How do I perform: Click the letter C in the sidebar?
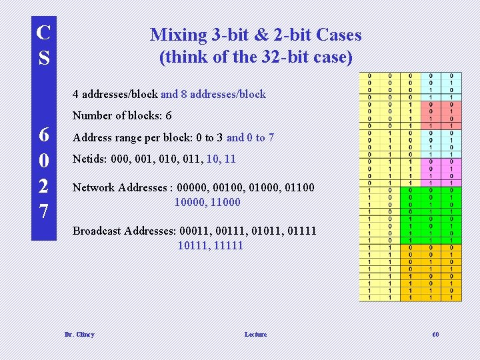(x=44, y=32)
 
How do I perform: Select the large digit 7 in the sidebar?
(x=43, y=212)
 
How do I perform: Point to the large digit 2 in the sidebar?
(x=43, y=187)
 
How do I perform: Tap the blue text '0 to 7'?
(x=260, y=138)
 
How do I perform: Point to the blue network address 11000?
(x=225, y=202)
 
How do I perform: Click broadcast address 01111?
(x=301, y=231)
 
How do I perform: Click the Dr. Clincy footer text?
(x=79, y=335)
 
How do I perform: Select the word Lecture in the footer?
(x=255, y=335)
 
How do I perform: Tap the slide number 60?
(x=435, y=335)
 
